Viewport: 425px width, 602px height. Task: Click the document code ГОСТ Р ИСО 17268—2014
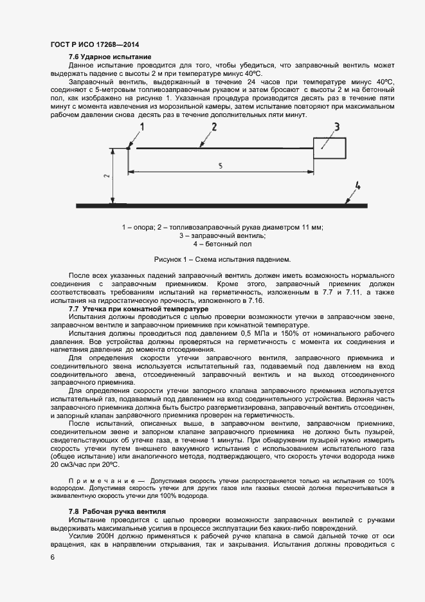point(95,44)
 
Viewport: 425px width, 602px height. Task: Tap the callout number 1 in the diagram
point(143,127)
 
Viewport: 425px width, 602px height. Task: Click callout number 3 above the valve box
point(336,126)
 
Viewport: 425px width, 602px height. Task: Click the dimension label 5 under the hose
point(221,165)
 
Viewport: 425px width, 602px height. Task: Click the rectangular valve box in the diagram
point(330,147)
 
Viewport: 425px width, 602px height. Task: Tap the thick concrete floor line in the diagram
point(238,205)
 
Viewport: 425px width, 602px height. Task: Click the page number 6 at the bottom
point(53,558)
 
